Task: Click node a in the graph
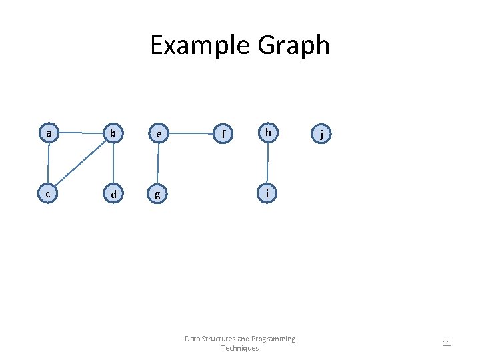[x=49, y=133]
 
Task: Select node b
[x=113, y=133]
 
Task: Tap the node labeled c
[x=48, y=194]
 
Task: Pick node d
[x=113, y=194]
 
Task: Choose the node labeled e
[x=159, y=133]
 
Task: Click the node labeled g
[x=157, y=195]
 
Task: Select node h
[x=267, y=133]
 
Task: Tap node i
[x=267, y=194]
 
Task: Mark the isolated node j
[x=322, y=134]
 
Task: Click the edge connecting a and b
[x=81, y=133]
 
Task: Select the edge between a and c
[x=49, y=164]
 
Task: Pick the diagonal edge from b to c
[x=81, y=164]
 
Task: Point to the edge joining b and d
[x=113, y=164]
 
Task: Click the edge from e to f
[x=191, y=133]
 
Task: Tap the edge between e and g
[x=158, y=164]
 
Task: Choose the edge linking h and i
[x=267, y=163]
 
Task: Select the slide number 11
[x=447, y=343]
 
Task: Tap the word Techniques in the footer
[x=240, y=348]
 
